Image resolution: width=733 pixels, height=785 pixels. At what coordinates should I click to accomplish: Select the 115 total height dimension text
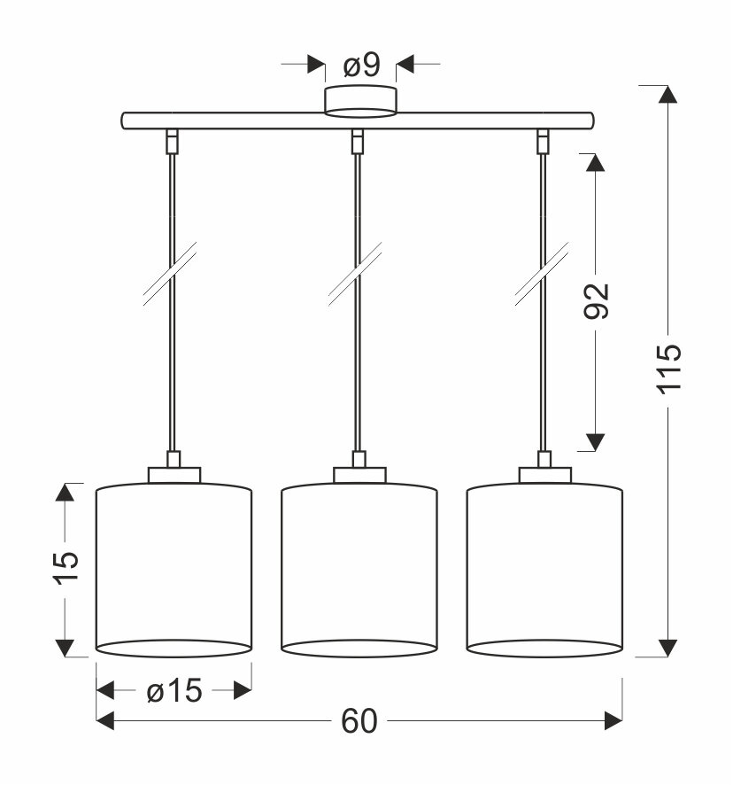coord(669,366)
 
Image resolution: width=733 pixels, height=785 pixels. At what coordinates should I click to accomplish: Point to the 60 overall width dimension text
coord(359,722)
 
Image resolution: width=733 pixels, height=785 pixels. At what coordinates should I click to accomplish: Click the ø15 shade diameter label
coord(174,691)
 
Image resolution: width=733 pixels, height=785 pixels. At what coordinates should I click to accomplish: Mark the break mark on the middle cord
coord(357,275)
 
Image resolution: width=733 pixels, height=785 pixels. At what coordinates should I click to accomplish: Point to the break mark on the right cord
coord(542,275)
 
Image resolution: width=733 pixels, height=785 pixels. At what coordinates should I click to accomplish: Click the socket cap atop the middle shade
coord(359,475)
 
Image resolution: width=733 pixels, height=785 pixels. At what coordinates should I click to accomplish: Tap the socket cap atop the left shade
coord(174,475)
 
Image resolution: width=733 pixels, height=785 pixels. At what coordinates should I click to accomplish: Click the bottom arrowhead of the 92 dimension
coord(596,441)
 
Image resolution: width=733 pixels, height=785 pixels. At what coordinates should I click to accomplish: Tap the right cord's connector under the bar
coord(542,140)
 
